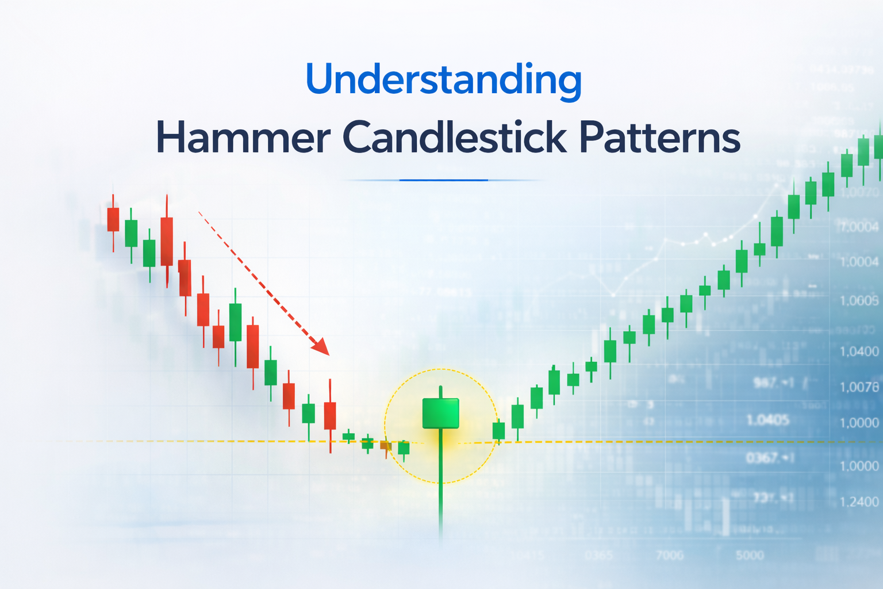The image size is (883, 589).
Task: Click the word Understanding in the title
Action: tap(443, 79)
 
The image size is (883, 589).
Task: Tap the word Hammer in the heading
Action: tap(243, 137)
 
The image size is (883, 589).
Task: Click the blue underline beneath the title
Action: tap(443, 180)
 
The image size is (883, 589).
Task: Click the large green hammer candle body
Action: tap(440, 413)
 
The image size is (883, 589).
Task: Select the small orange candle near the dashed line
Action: tap(385, 446)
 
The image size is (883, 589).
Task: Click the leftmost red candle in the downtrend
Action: tap(113, 219)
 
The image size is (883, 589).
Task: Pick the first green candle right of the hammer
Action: tap(498, 431)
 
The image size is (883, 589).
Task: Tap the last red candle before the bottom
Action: tap(330, 415)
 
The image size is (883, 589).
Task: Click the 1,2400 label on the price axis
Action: tap(859, 502)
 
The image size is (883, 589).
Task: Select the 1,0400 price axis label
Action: tap(859, 351)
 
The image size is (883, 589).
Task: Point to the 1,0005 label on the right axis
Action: tap(859, 300)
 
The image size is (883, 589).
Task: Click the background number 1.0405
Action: tap(767, 420)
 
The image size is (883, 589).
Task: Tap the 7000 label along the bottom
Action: tap(670, 555)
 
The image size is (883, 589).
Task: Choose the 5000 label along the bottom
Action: tap(750, 555)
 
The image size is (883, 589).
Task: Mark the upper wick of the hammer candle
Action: tap(440, 392)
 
